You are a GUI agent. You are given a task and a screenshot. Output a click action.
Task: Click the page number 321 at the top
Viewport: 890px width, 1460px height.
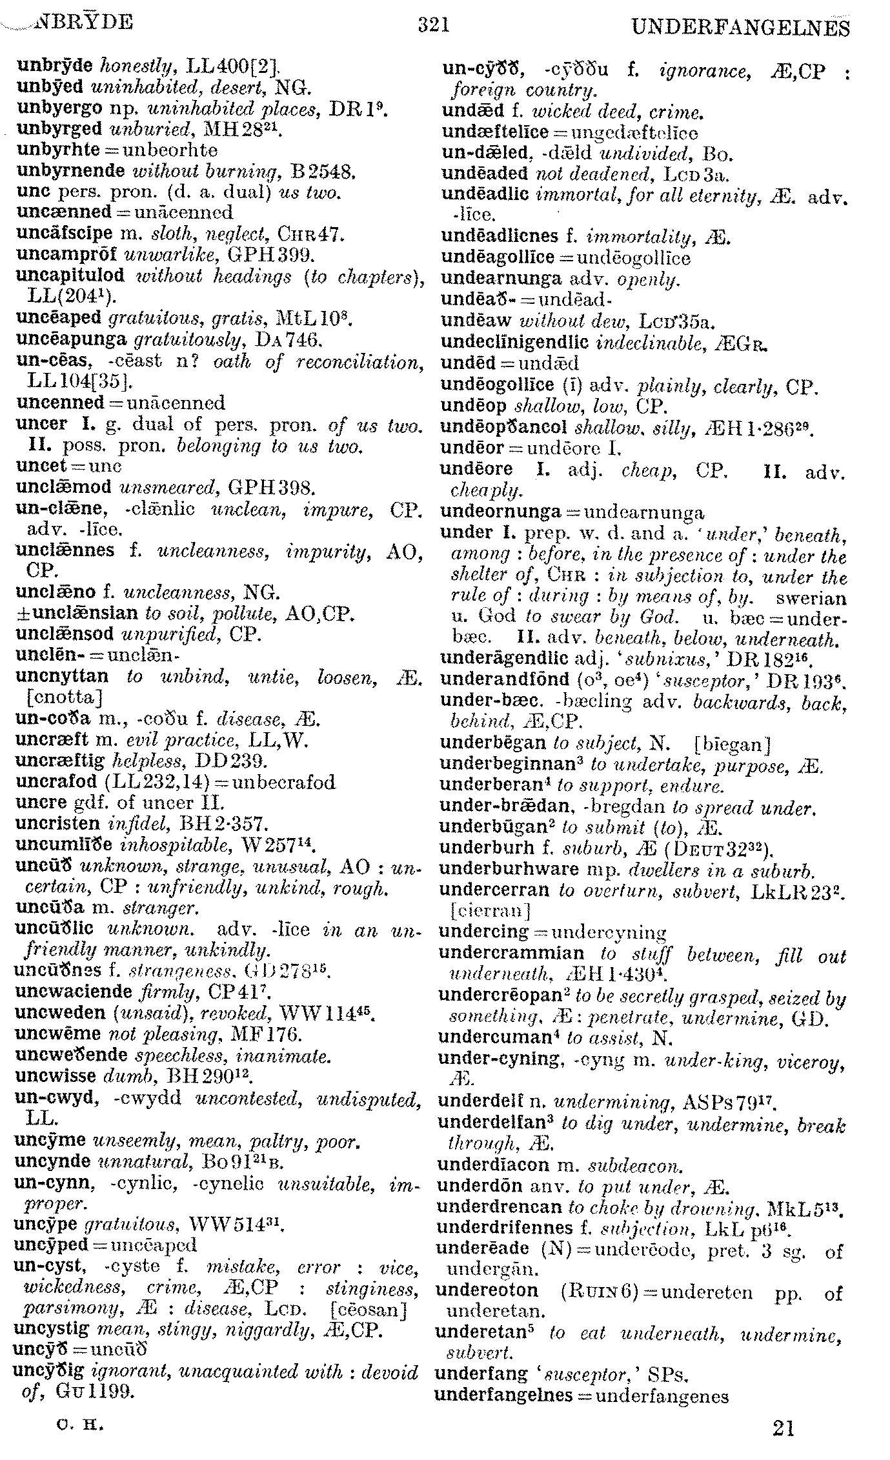tap(433, 25)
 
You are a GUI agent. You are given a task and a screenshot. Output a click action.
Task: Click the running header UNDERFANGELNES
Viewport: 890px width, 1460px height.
tap(740, 28)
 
